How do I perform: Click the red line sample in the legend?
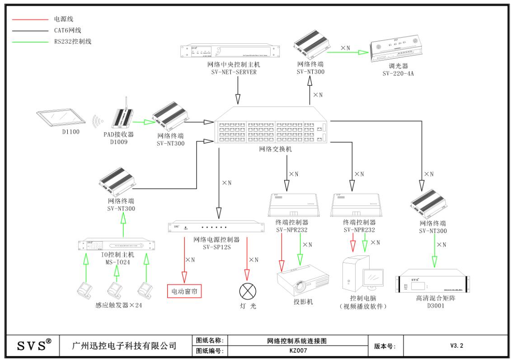tap(29, 20)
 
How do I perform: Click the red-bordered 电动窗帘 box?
tap(184, 291)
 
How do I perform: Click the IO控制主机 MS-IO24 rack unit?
tap(117, 244)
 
